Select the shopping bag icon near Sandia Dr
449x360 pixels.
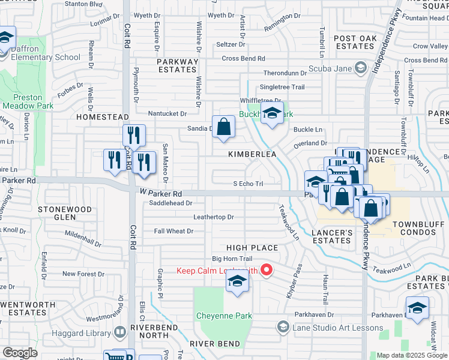point(224,127)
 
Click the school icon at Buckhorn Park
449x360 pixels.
point(272,113)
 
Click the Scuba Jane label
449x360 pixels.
point(334,68)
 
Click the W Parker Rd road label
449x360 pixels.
point(161,194)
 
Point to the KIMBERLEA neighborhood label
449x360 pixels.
point(252,154)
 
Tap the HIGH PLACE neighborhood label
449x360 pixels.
point(252,248)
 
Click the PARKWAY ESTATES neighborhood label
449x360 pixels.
point(178,65)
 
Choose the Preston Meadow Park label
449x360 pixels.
point(28,101)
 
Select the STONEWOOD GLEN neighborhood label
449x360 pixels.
point(65,213)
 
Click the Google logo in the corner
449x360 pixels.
point(20,353)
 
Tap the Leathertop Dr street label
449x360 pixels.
point(213,217)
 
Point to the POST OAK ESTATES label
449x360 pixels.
point(354,42)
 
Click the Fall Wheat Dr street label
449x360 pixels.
point(173,231)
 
